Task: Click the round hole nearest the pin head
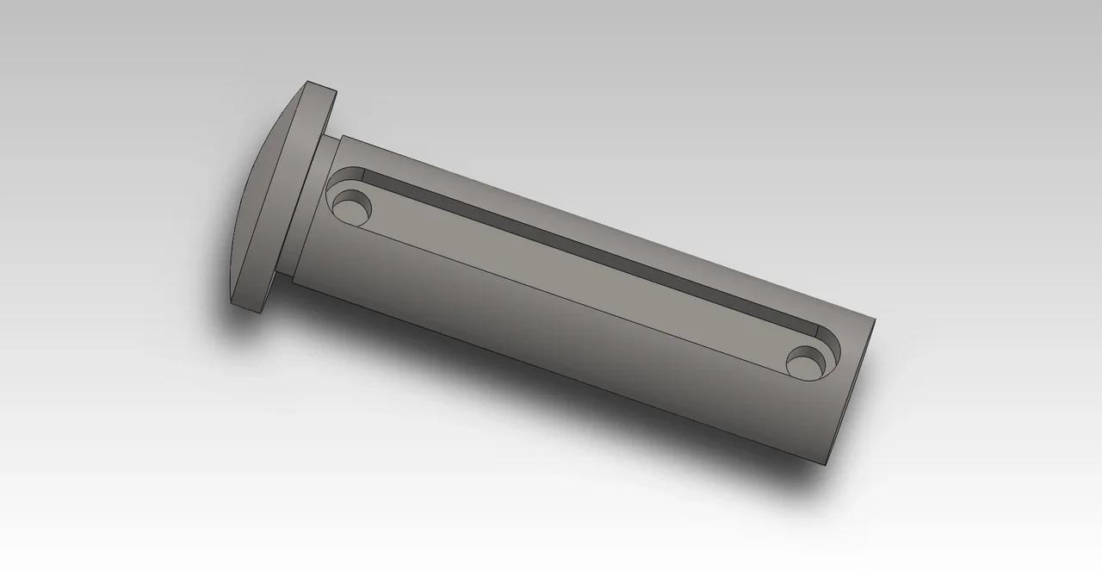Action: coord(352,208)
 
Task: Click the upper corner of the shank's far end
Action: coord(875,320)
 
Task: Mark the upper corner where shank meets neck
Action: coord(342,136)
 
